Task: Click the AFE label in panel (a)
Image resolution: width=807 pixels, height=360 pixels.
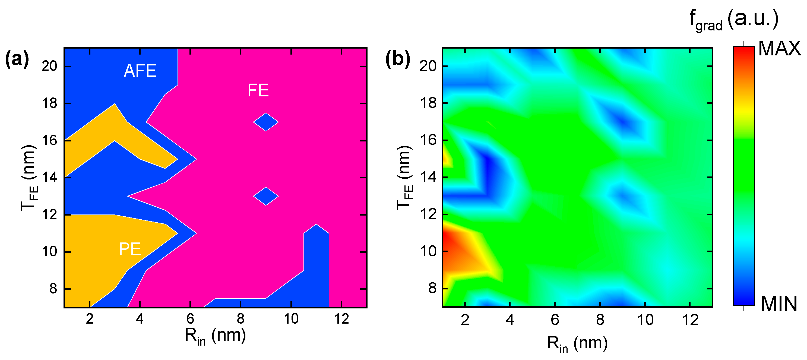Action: (x=140, y=71)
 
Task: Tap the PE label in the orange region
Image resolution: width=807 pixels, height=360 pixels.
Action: (x=130, y=250)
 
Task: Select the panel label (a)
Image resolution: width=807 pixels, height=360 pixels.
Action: (x=17, y=59)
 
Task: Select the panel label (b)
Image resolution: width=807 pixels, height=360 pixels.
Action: (x=397, y=59)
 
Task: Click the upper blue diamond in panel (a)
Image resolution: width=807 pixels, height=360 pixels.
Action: (x=266, y=122)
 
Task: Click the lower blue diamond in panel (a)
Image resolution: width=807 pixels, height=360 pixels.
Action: (x=266, y=196)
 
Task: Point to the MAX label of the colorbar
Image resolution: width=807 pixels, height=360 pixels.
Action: (x=779, y=49)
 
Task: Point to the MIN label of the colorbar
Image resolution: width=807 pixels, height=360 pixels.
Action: (x=779, y=304)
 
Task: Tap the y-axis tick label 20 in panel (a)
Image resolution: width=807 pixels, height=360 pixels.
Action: (x=49, y=66)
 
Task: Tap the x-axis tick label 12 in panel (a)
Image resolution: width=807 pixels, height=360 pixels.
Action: (x=341, y=319)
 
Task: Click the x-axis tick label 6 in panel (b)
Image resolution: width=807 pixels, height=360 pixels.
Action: (x=555, y=320)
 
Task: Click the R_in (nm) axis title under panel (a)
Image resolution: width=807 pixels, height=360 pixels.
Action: (x=215, y=336)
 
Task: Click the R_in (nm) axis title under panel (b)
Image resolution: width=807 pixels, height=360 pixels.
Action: (x=577, y=344)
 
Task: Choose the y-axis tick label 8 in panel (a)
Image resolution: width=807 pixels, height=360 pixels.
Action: (x=53, y=289)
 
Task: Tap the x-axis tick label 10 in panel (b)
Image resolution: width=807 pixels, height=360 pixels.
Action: (x=645, y=320)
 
